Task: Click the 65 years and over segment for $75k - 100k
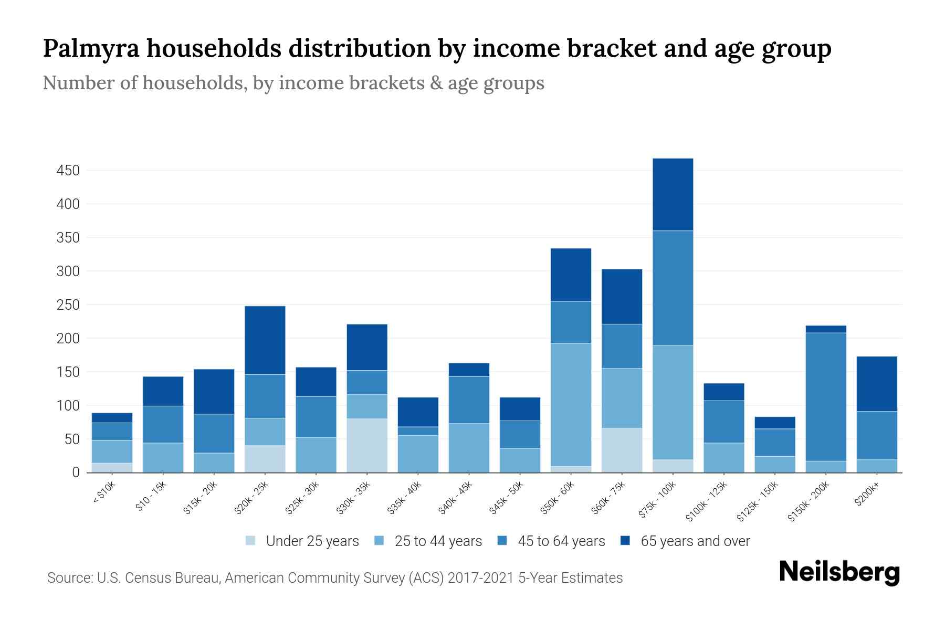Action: pyautogui.click(x=673, y=194)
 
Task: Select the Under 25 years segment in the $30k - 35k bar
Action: pyautogui.click(x=367, y=445)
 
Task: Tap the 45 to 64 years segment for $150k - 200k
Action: pyautogui.click(x=826, y=396)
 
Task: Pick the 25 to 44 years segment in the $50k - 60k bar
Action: pyautogui.click(x=571, y=405)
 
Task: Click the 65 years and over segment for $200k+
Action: pyautogui.click(x=877, y=384)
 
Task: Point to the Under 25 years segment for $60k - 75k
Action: pyautogui.click(x=622, y=450)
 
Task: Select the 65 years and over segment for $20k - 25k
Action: pyautogui.click(x=265, y=340)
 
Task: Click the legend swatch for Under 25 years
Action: pyautogui.click(x=251, y=541)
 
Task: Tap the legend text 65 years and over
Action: pyautogui.click(x=695, y=541)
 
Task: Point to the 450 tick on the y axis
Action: pyautogui.click(x=68, y=171)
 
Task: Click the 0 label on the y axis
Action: pyautogui.click(x=76, y=472)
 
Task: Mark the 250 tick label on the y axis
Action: pyautogui.click(x=68, y=305)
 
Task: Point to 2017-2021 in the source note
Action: pyautogui.click(x=480, y=578)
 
